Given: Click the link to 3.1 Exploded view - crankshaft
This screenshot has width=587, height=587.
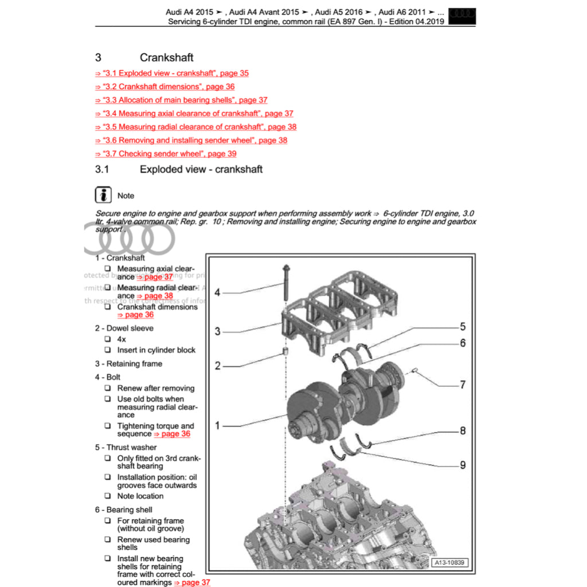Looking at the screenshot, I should click(x=172, y=73).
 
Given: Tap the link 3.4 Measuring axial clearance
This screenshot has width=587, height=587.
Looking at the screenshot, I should click(x=194, y=114).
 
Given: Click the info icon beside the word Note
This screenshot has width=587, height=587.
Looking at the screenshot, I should click(x=103, y=195).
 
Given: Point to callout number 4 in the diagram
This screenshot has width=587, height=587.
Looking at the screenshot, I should click(x=217, y=293).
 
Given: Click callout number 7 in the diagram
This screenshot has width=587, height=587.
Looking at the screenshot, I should click(x=463, y=385).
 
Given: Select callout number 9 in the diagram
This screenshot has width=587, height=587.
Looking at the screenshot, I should click(x=463, y=465).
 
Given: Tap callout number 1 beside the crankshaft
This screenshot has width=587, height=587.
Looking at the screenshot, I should click(x=217, y=425).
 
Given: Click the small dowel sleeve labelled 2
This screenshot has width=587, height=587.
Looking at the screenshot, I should click(x=285, y=350).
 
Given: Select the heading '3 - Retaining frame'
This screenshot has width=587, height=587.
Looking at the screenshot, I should click(x=128, y=363).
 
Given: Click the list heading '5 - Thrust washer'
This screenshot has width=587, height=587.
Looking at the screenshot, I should click(x=126, y=447).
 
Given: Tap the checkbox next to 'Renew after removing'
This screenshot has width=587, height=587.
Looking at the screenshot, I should click(x=107, y=388).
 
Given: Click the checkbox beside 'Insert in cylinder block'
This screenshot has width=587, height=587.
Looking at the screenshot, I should click(x=107, y=350).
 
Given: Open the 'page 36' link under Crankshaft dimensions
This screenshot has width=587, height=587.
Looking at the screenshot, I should click(x=135, y=315).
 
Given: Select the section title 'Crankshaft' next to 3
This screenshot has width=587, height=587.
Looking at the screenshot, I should click(x=166, y=57).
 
